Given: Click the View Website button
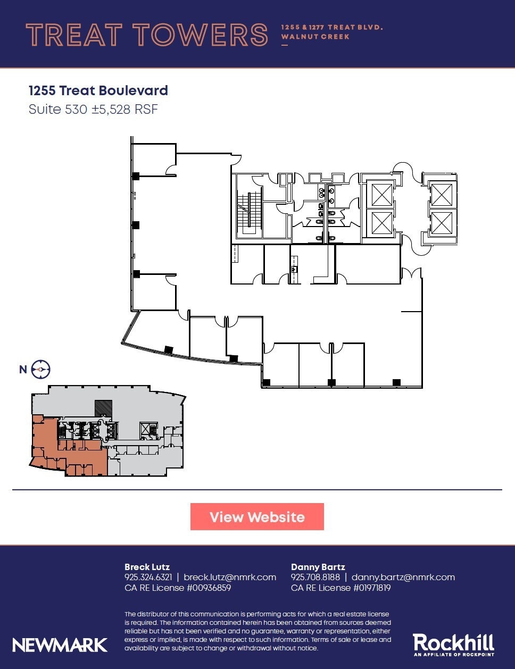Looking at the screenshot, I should click(257, 517).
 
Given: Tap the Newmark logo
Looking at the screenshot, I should click(60, 645).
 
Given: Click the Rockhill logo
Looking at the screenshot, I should click(453, 645).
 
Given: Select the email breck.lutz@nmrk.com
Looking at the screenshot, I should click(230, 577).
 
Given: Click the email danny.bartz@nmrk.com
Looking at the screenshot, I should click(403, 577).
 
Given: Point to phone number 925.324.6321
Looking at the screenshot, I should click(148, 577).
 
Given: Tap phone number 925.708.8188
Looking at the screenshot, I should click(315, 577).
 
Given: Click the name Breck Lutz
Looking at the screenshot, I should click(147, 567).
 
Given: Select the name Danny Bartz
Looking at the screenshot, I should click(318, 567).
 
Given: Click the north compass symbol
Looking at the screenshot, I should click(40, 369).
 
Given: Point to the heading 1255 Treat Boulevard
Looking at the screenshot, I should click(98, 90).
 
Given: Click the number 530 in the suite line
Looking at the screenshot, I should click(76, 110).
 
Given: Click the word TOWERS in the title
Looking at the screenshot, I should click(200, 35).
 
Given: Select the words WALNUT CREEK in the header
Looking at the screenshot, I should click(315, 37).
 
